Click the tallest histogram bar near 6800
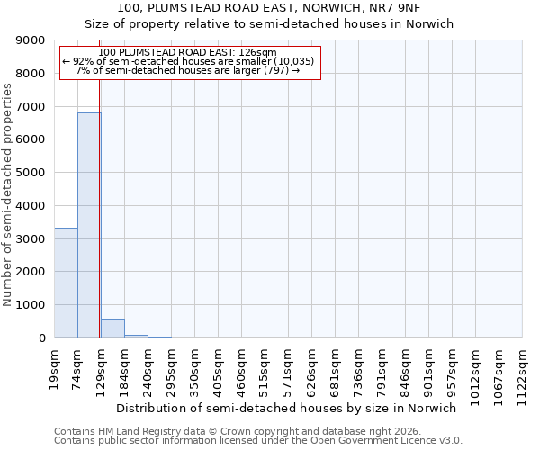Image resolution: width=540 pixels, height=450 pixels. (88, 225)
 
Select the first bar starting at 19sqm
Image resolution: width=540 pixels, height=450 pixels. (66, 283)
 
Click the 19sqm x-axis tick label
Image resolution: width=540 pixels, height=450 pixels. (54, 366)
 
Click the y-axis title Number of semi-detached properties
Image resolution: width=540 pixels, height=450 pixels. (9, 194)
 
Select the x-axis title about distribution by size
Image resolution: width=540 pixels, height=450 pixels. (287, 408)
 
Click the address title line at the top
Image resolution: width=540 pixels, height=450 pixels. (270, 8)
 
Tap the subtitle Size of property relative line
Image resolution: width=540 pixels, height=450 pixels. (270, 24)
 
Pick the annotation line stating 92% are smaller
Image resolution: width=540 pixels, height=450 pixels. (188, 61)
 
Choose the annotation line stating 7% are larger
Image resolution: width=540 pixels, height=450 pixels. (188, 70)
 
